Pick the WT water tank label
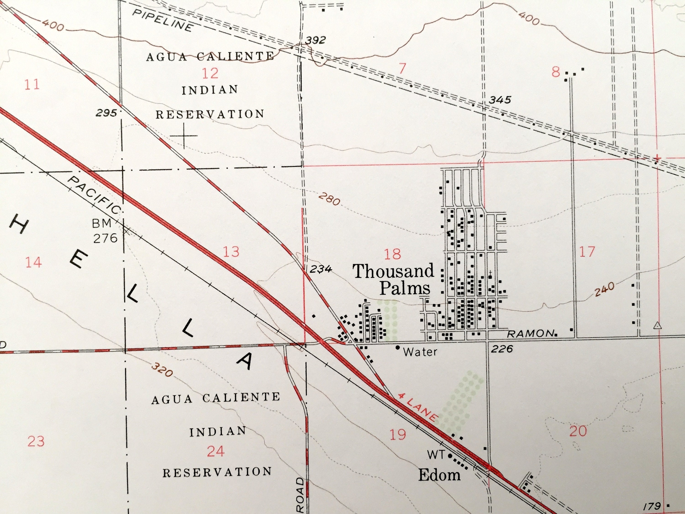tap(436, 455)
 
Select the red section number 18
tap(392, 254)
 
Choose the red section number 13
tap(231, 252)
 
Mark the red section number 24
tap(216, 451)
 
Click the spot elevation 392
tap(315, 40)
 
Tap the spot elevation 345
tap(500, 100)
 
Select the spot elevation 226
tap(502, 349)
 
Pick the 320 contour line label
tap(162, 370)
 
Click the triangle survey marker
tap(658, 326)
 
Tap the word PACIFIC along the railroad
tap(94, 196)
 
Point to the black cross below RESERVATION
tap(184, 136)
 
